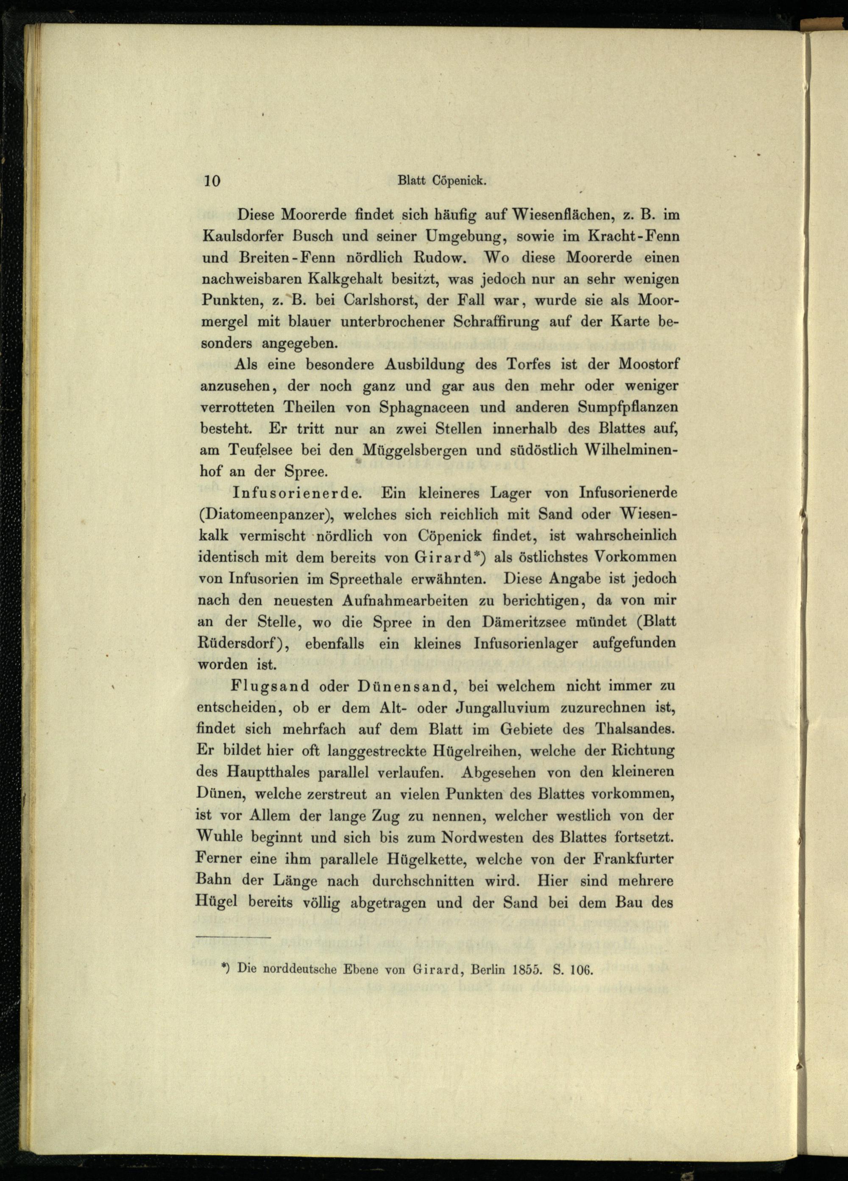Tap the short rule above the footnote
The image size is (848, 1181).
point(235,938)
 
